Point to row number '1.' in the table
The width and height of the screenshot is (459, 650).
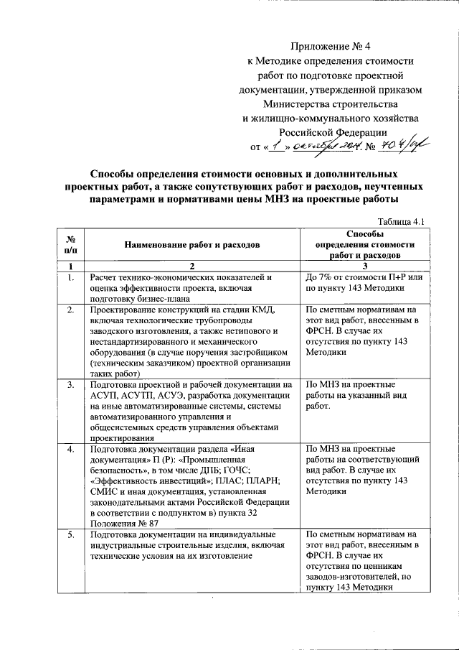(x=70, y=277)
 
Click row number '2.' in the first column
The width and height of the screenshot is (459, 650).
(x=70, y=310)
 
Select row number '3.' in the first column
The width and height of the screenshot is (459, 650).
(x=70, y=385)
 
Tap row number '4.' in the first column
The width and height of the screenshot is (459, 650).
(x=70, y=449)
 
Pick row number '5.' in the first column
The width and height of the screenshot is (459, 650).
(x=70, y=534)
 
